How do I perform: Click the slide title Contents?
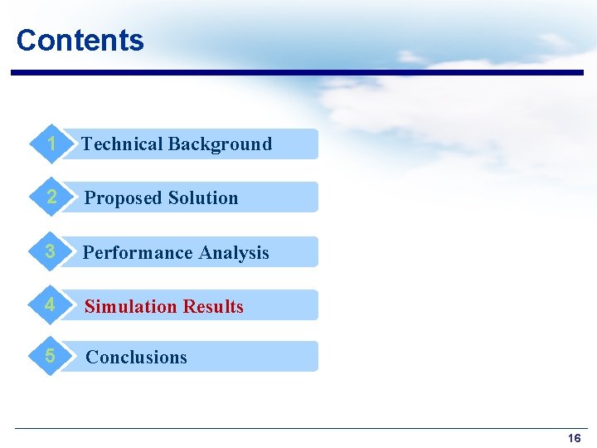[80, 40]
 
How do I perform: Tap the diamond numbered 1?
[51, 144]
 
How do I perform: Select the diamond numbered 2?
[51, 197]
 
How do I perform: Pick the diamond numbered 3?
[51, 252]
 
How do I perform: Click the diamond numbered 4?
[51, 305]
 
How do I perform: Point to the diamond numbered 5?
[51, 357]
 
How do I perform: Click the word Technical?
[122, 144]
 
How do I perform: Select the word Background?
[220, 144]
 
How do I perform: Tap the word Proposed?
[123, 198]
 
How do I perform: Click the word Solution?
[202, 198]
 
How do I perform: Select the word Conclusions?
[137, 358]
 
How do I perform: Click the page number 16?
[574, 438]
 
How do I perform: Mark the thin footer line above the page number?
[298, 428]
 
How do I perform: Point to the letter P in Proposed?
[90, 198]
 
